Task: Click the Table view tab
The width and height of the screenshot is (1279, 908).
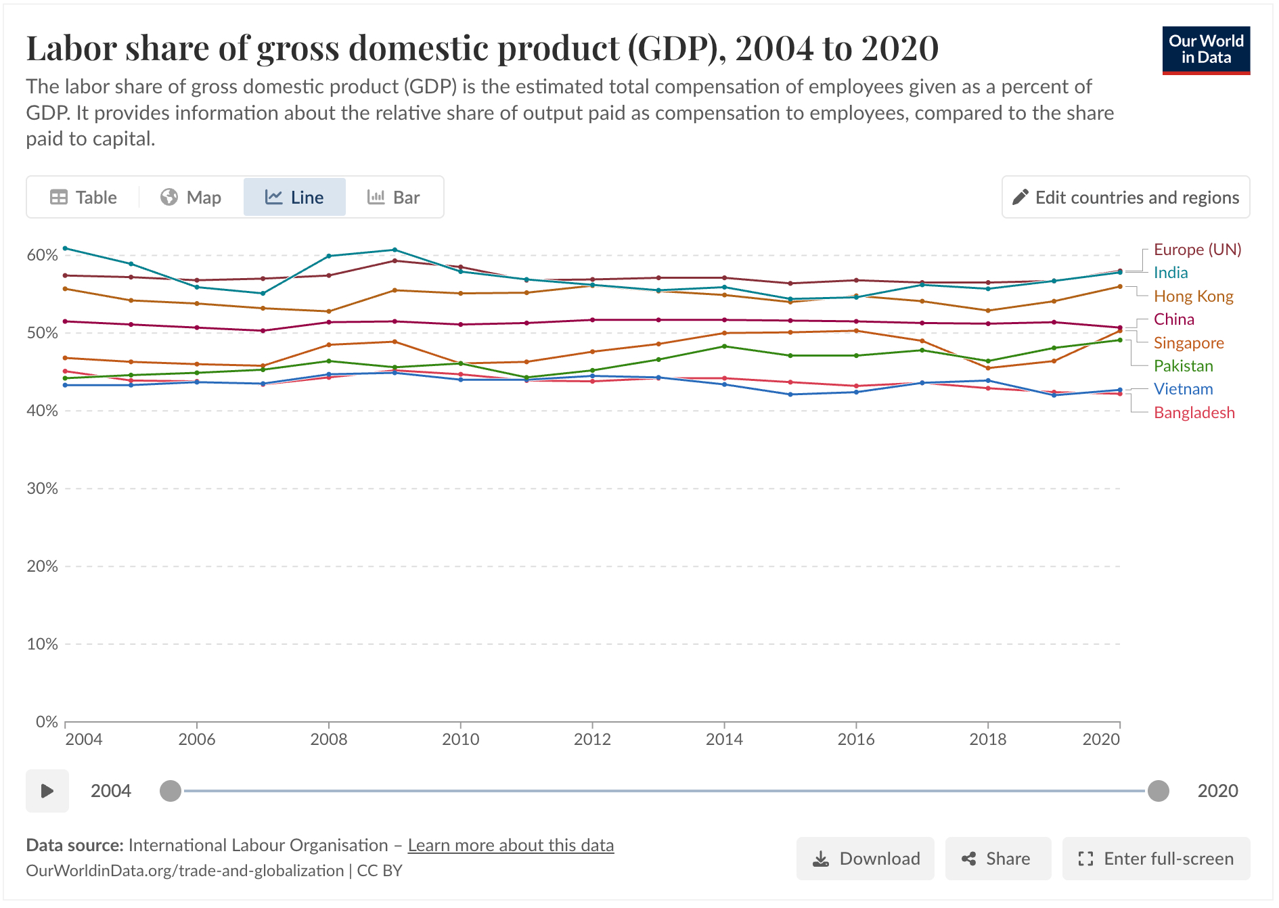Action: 84,198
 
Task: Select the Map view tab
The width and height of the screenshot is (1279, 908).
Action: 191,198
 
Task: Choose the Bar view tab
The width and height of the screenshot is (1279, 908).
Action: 394,198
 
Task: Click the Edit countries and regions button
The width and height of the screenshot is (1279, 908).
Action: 1125,198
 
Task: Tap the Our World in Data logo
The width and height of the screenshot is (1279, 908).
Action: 1205,50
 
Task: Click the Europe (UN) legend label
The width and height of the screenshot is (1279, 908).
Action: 1196,250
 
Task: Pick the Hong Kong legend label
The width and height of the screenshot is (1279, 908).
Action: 1193,296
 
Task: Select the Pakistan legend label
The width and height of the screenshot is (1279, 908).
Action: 1183,366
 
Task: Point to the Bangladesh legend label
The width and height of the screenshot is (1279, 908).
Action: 1194,413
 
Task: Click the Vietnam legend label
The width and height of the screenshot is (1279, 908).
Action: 1183,389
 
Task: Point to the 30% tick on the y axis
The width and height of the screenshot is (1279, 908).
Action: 42,489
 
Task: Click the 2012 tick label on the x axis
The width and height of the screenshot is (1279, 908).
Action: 592,739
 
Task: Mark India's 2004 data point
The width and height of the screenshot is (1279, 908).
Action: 65,248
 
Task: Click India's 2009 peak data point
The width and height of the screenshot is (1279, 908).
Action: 395,250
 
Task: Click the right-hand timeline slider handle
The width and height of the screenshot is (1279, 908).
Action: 1158,790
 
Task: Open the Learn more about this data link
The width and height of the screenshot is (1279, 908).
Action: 510,846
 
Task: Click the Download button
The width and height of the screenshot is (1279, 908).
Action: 865,859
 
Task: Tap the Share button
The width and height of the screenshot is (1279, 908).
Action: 997,859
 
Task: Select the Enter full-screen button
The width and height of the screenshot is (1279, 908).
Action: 1156,859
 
